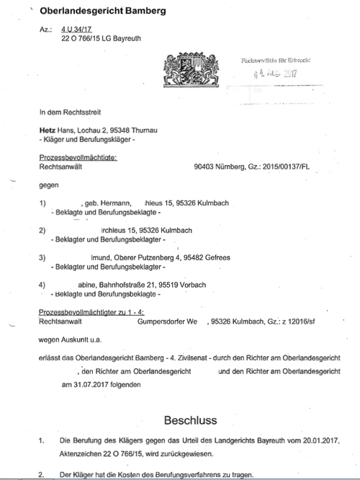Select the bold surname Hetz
pos(47,129)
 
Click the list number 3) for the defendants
pos(42,257)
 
